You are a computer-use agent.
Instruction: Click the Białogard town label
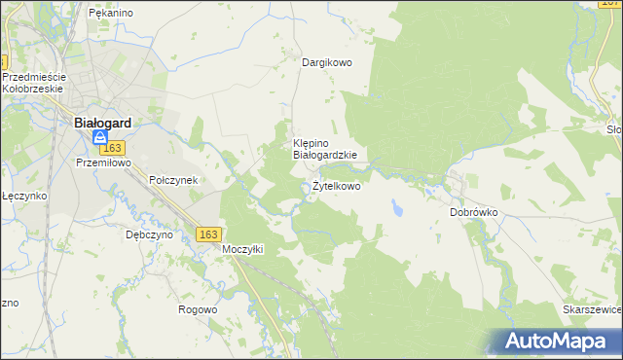103,124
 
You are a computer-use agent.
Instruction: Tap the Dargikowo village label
326,62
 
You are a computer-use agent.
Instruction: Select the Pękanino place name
110,14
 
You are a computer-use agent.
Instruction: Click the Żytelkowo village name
336,186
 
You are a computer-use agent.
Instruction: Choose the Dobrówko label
474,211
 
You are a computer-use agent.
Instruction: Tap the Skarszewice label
592,308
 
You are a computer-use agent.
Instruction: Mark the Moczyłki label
243,249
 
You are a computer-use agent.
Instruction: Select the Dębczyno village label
149,234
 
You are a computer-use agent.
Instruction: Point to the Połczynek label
173,181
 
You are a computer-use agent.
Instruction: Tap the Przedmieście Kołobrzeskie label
33,83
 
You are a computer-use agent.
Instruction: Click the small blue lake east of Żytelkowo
397,208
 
